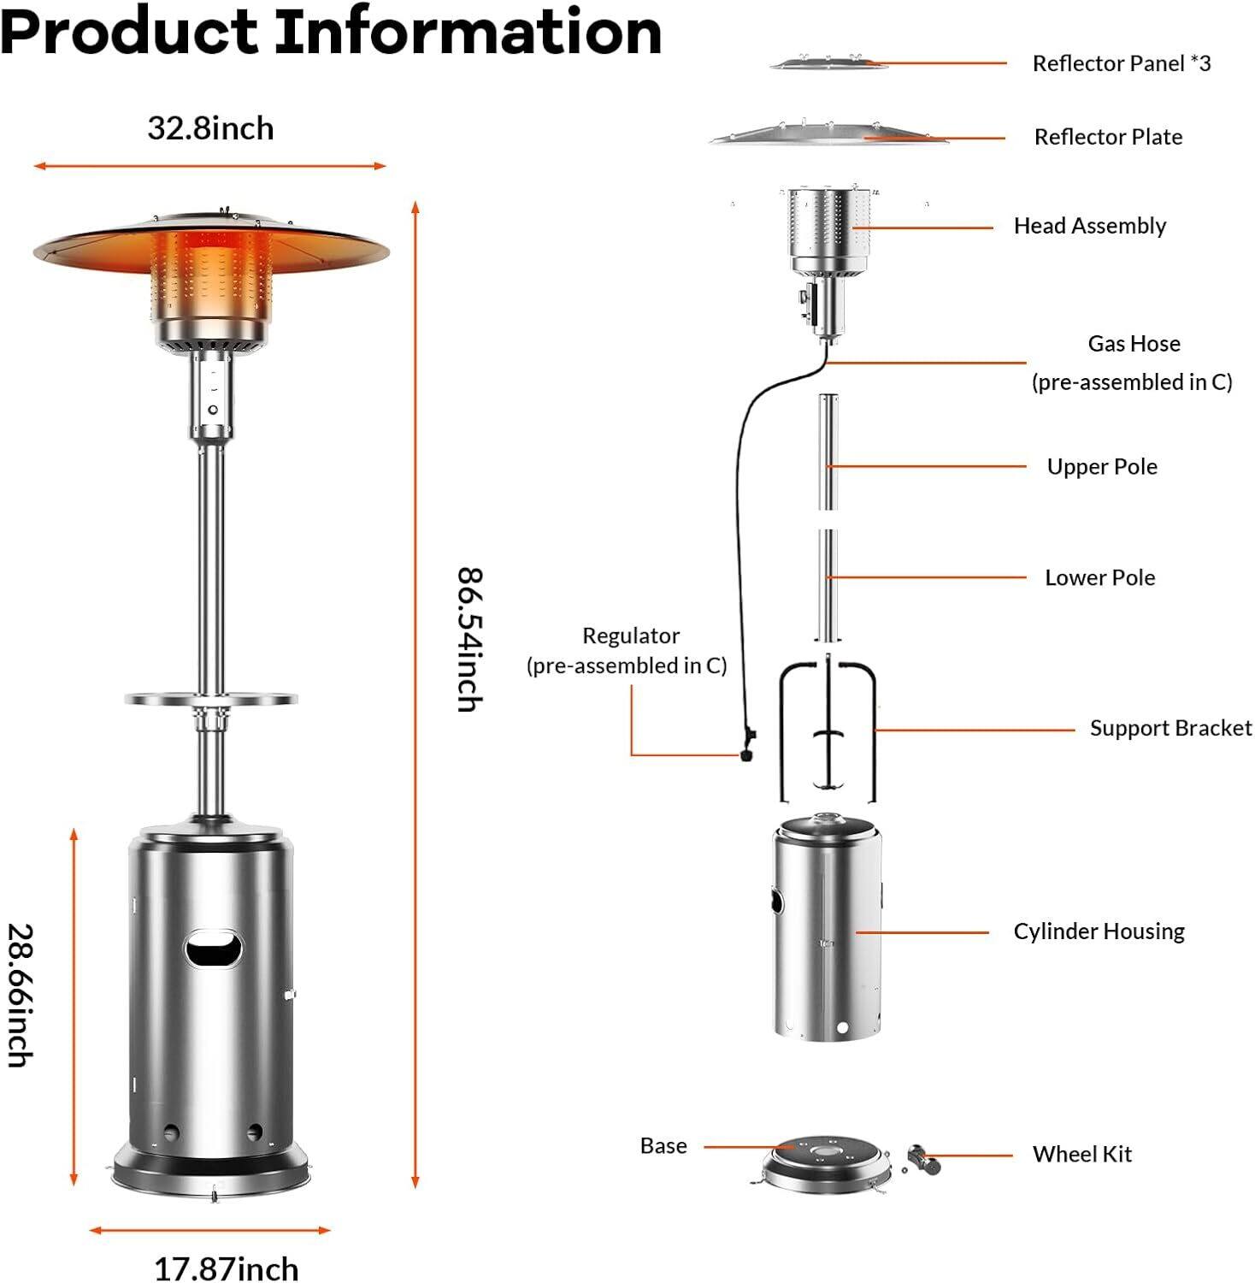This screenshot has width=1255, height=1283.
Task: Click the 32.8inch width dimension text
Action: (x=210, y=128)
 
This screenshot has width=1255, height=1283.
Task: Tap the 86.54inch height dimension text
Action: (x=469, y=639)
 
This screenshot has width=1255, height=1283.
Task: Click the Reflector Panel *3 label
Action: (x=1121, y=63)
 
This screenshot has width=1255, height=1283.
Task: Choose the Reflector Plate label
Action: (x=1108, y=137)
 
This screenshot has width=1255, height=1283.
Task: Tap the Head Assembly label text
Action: (x=1089, y=226)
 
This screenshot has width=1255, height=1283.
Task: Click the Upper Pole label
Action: (x=1101, y=467)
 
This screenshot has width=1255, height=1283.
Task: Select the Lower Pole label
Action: (x=1099, y=578)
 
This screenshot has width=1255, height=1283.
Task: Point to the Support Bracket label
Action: (x=1170, y=729)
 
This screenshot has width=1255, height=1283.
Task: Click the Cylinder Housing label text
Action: (x=1099, y=931)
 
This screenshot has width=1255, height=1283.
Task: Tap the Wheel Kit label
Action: (x=1081, y=1155)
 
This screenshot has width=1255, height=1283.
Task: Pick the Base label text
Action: (x=663, y=1146)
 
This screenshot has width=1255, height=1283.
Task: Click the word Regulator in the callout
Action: (x=630, y=636)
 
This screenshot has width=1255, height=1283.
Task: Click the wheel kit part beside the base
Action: (x=922, y=1159)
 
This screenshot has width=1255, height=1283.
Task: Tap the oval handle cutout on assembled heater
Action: (x=214, y=950)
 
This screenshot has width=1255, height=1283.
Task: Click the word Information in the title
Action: (x=468, y=33)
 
